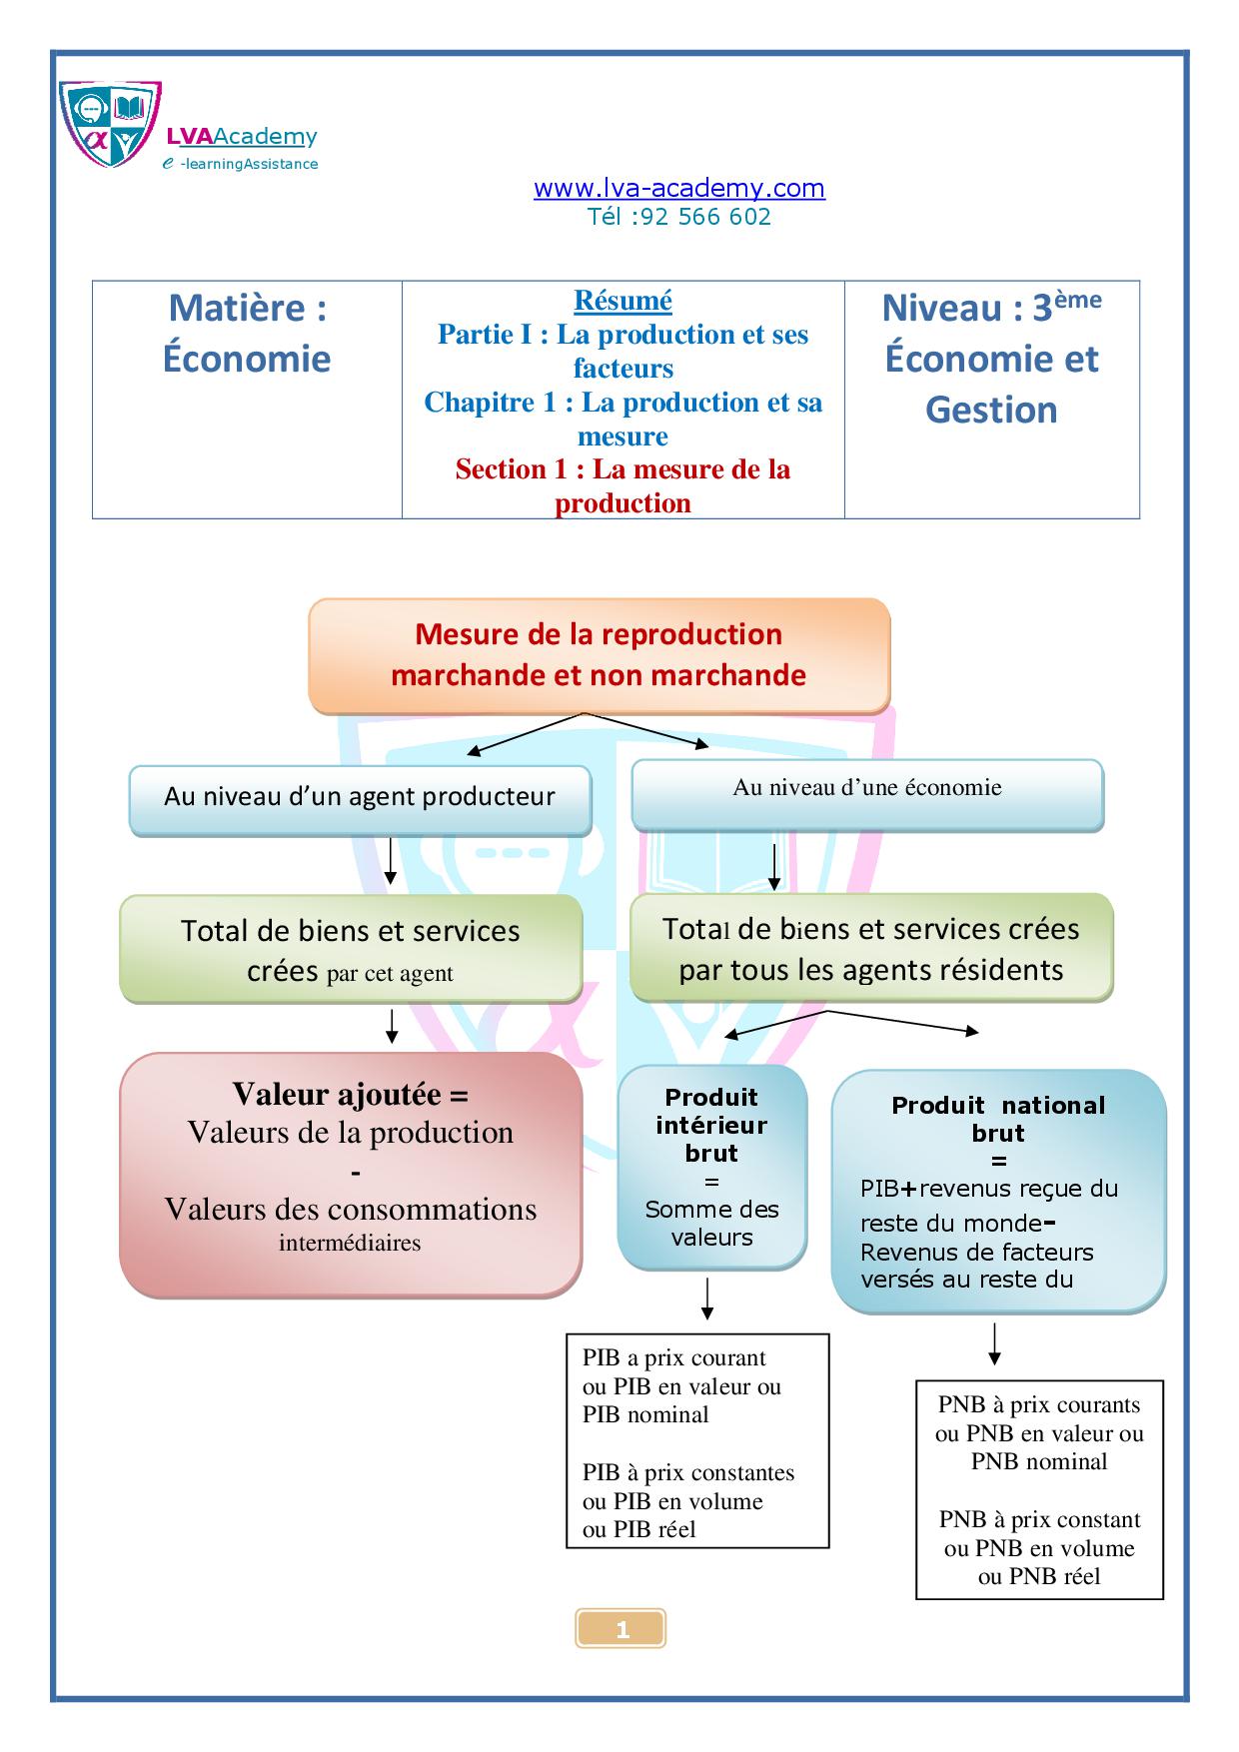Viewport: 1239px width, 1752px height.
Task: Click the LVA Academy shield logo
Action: [109, 124]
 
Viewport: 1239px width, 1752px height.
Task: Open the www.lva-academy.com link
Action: [678, 188]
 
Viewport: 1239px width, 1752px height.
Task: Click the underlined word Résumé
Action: [622, 301]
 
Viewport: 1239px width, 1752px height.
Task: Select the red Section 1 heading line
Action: [622, 470]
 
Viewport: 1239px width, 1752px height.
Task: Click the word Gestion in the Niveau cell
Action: [991, 410]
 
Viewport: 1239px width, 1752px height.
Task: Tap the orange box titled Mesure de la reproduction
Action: [599, 655]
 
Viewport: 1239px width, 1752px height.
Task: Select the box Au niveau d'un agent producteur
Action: [360, 797]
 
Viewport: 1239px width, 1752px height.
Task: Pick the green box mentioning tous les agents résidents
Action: [870, 949]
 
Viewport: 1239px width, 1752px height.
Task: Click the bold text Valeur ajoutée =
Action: [350, 1095]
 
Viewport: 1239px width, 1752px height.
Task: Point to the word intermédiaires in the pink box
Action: [350, 1244]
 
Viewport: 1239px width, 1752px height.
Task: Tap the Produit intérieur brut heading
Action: [711, 1125]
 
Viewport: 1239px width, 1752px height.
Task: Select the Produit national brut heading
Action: [998, 1119]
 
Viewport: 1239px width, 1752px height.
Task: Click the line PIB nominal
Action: [645, 1414]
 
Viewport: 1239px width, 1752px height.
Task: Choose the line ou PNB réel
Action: [1039, 1576]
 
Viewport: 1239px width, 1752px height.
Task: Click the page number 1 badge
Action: [621, 1629]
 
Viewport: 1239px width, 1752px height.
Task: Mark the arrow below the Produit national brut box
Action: [994, 1344]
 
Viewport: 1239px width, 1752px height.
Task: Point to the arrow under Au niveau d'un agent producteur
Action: [391, 861]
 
